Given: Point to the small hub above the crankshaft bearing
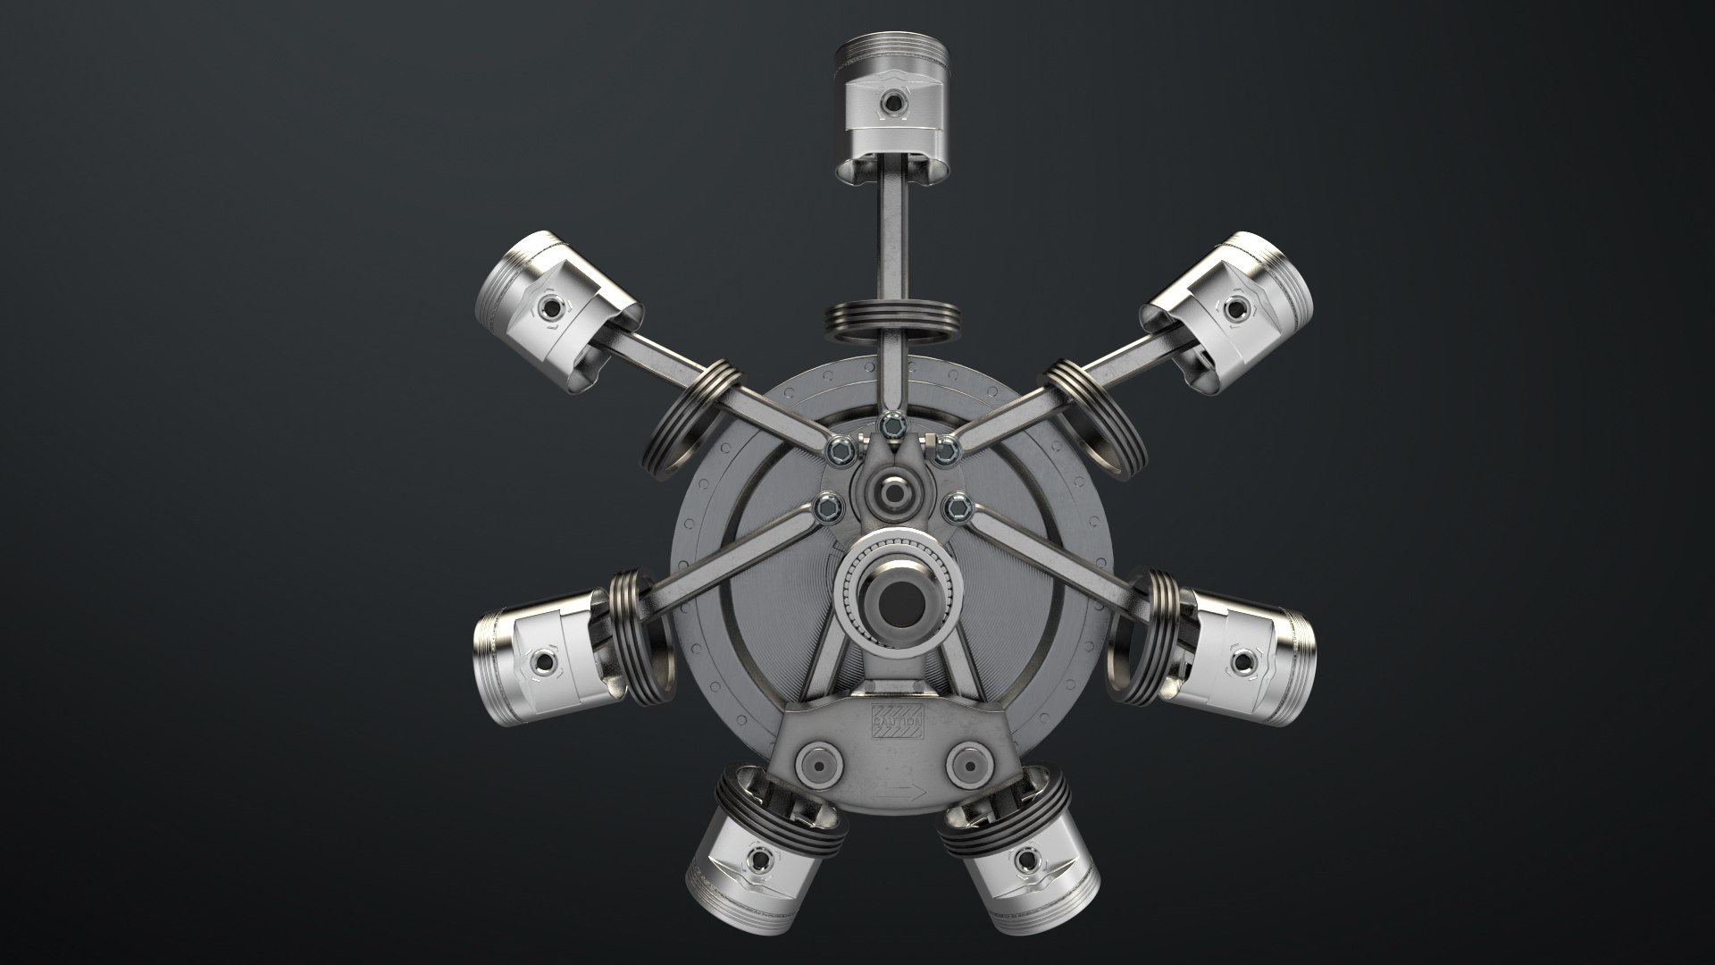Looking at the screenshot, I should click(x=892, y=491).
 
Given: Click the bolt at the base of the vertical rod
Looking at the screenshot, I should click(x=890, y=426).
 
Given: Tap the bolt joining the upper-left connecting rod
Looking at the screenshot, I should click(x=840, y=449).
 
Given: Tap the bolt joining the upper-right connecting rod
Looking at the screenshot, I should click(x=944, y=450).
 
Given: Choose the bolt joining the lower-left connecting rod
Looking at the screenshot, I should click(x=827, y=508).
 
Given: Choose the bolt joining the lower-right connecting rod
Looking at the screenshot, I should click(x=957, y=508).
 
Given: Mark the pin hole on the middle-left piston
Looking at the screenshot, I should click(x=542, y=662).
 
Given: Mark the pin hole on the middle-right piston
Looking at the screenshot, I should click(x=1242, y=662).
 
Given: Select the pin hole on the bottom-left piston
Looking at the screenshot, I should click(x=761, y=861).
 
